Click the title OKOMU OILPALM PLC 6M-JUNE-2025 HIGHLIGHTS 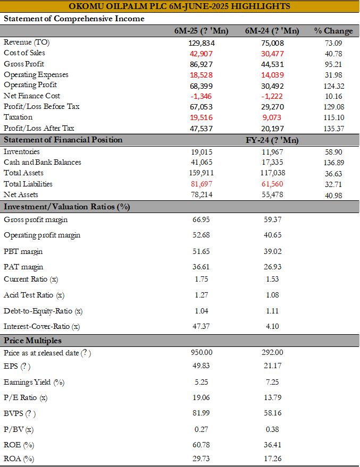179,6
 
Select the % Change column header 333,31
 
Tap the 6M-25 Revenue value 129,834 202,43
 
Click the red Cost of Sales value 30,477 272,54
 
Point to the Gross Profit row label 24,64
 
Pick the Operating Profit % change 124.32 334,86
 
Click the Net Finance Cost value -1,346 201,96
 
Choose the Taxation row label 18,117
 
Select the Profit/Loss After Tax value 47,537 201,129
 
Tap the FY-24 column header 272,140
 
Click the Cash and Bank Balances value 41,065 202,163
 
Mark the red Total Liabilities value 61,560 272,184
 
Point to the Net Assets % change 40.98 333,196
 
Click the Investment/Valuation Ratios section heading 67,207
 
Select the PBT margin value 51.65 201,251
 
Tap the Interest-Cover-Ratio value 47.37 201,326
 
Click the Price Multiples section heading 32,341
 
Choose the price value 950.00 202,352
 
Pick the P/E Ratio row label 26,398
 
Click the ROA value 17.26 273,458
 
